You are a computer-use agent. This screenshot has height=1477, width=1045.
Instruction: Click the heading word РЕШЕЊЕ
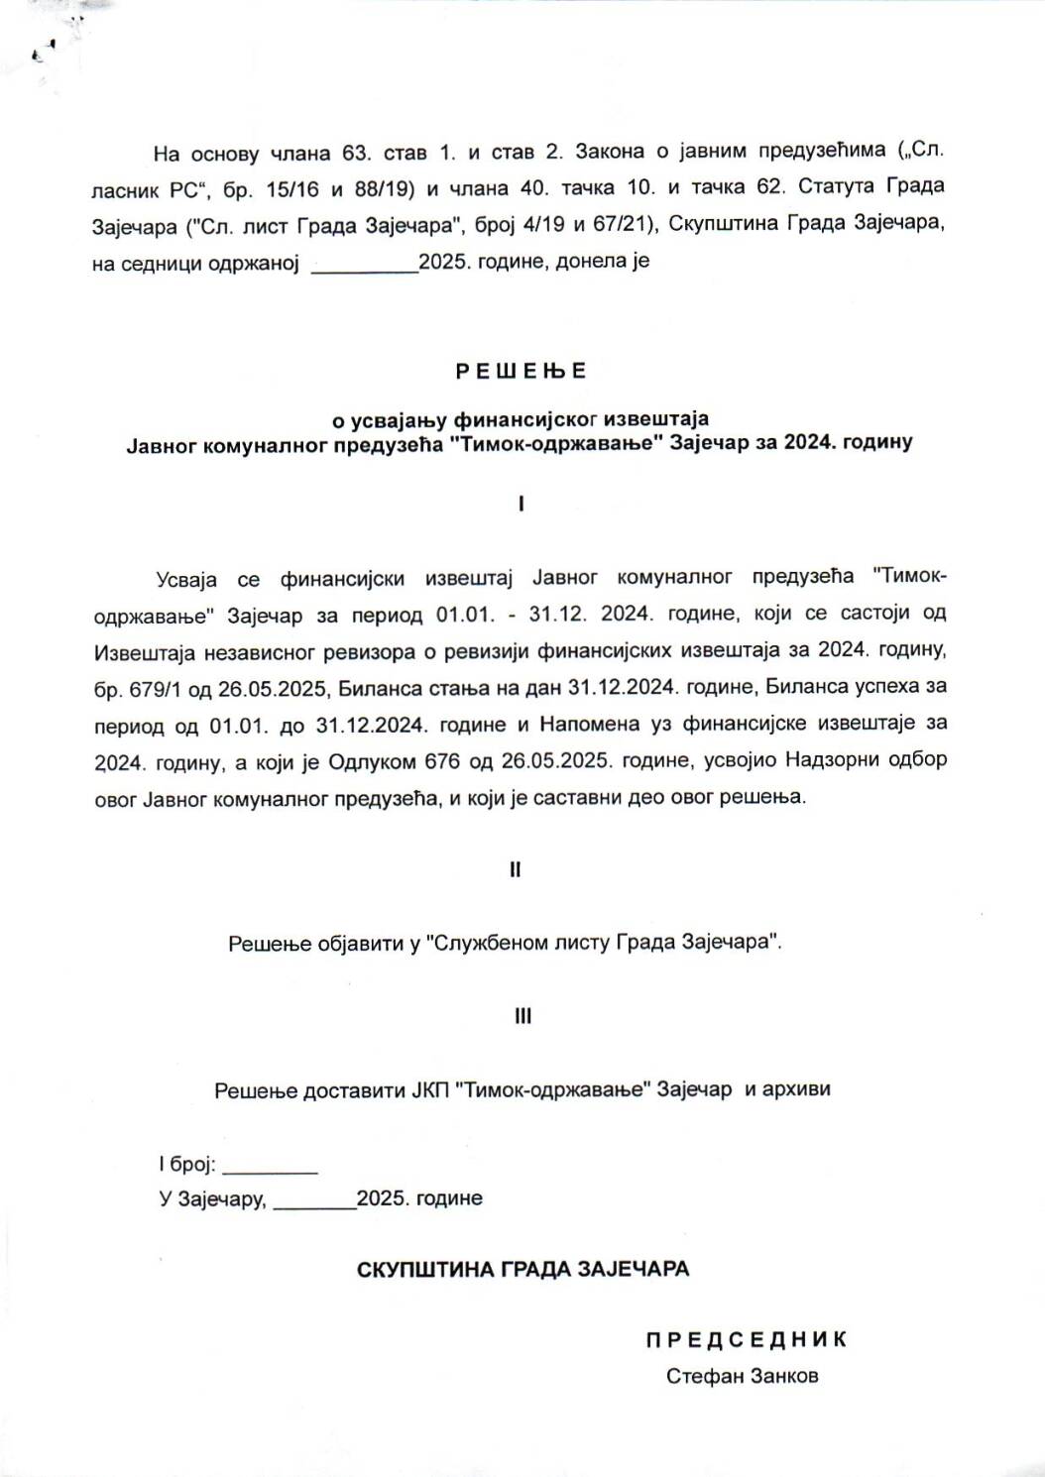(x=522, y=372)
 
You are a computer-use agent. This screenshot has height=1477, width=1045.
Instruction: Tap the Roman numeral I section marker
(x=522, y=505)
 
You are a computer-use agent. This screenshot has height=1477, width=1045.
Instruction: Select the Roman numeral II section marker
(x=516, y=869)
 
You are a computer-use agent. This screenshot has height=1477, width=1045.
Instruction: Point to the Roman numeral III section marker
(x=522, y=1016)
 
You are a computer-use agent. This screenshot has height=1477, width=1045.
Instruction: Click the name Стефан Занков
(x=743, y=1376)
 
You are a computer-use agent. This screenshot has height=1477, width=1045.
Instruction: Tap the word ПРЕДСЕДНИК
(x=747, y=1340)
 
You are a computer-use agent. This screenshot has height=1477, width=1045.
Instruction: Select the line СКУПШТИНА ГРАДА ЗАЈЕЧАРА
(x=522, y=1269)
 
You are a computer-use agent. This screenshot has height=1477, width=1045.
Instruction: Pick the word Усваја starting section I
(x=186, y=578)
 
